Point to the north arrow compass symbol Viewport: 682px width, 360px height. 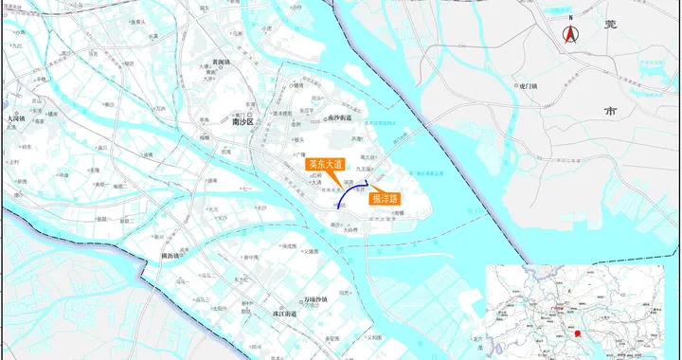pyautogui.click(x=571, y=36)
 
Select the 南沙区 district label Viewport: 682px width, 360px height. pyautogui.click(x=244, y=121)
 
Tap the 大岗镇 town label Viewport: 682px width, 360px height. pyautogui.click(x=14, y=119)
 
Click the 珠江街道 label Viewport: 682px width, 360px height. pyautogui.click(x=284, y=314)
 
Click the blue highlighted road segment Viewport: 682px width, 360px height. pyautogui.click(x=349, y=193)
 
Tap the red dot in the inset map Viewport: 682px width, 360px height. pyautogui.click(x=577, y=333)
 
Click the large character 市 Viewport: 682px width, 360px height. pyautogui.click(x=610, y=110)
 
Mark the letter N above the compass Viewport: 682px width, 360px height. pyautogui.click(x=571, y=18)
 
